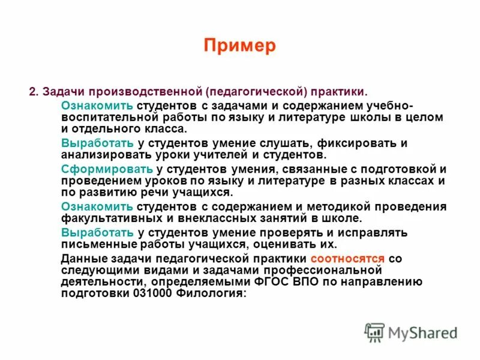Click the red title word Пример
pos(239,46)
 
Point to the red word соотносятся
pos(347,258)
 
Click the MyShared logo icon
pos(374,332)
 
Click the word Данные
pos(83,258)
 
